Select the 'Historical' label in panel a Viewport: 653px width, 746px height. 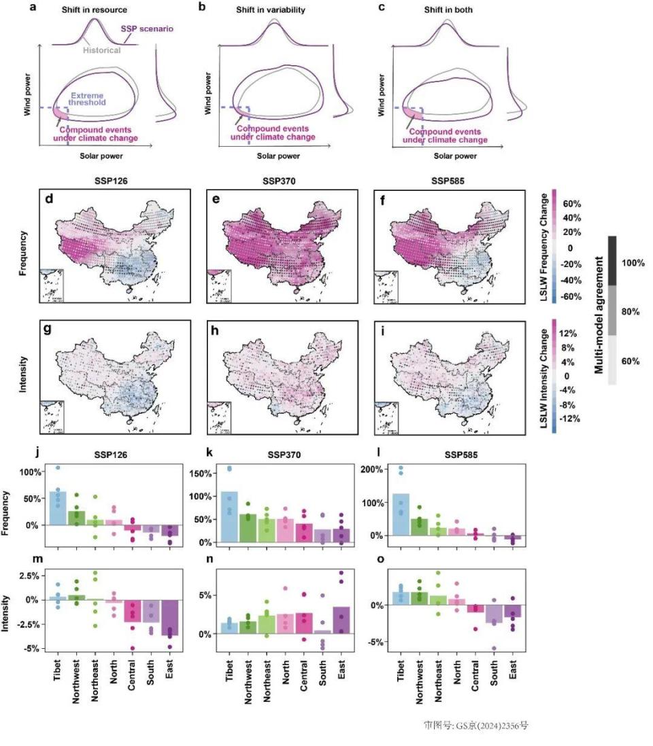tap(103, 50)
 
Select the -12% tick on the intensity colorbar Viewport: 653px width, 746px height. tap(569, 419)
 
